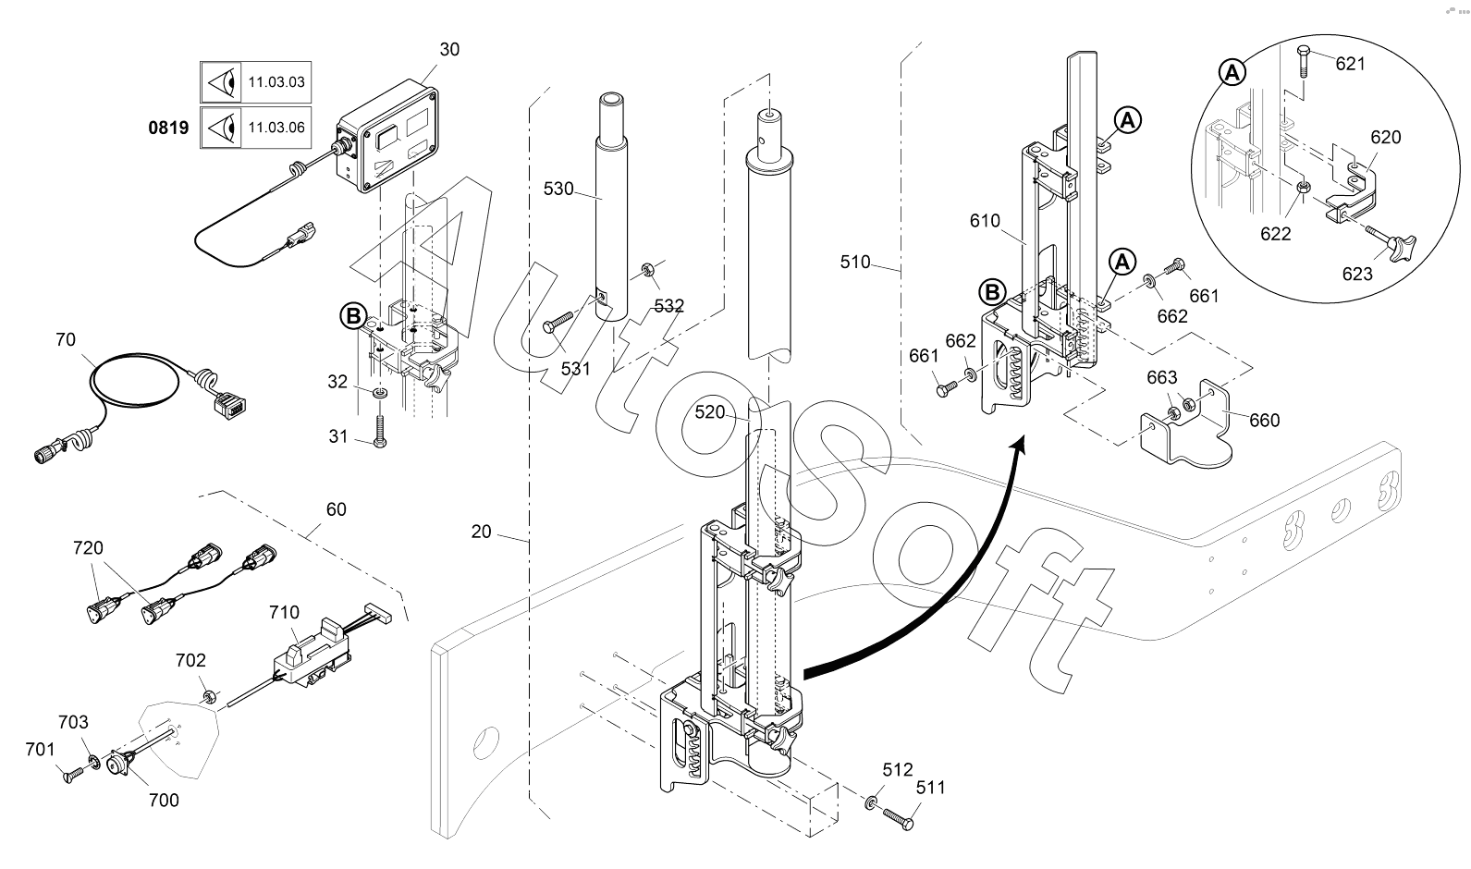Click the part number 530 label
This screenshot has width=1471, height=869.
[558, 190]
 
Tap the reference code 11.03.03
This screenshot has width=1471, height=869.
[276, 82]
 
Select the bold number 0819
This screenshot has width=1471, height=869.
[168, 128]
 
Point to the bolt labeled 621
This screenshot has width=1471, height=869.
[1304, 62]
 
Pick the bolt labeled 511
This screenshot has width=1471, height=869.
[898, 819]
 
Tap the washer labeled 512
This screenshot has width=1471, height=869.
[871, 802]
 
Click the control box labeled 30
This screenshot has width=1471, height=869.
[387, 137]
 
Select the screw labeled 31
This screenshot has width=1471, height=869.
[380, 431]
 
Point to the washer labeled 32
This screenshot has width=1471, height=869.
[380, 393]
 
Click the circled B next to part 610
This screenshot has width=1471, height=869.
[992, 292]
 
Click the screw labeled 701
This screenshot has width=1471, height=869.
[73, 775]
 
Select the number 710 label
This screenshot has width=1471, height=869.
[284, 612]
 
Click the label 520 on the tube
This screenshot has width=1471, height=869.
[709, 411]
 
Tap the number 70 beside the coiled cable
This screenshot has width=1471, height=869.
[65, 339]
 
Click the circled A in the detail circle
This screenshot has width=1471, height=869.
[1232, 72]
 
